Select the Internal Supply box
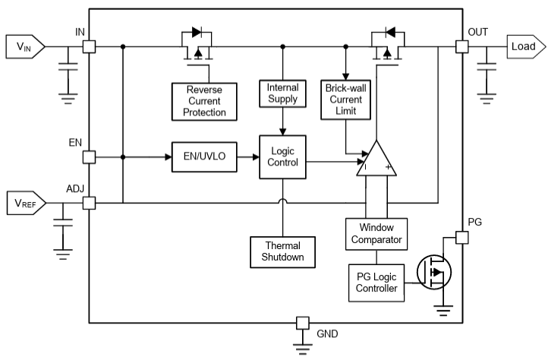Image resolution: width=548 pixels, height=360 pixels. (x=282, y=93)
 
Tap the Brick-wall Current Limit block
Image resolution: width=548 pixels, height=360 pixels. (x=345, y=99)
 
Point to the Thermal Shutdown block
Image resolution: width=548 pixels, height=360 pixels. (x=282, y=251)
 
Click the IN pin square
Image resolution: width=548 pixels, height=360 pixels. (x=89, y=47)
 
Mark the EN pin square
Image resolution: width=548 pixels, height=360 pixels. (x=89, y=157)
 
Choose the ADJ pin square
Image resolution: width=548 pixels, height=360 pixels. (x=89, y=203)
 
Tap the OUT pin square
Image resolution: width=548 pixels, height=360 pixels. (x=461, y=47)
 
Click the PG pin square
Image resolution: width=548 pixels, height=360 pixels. (x=461, y=237)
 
